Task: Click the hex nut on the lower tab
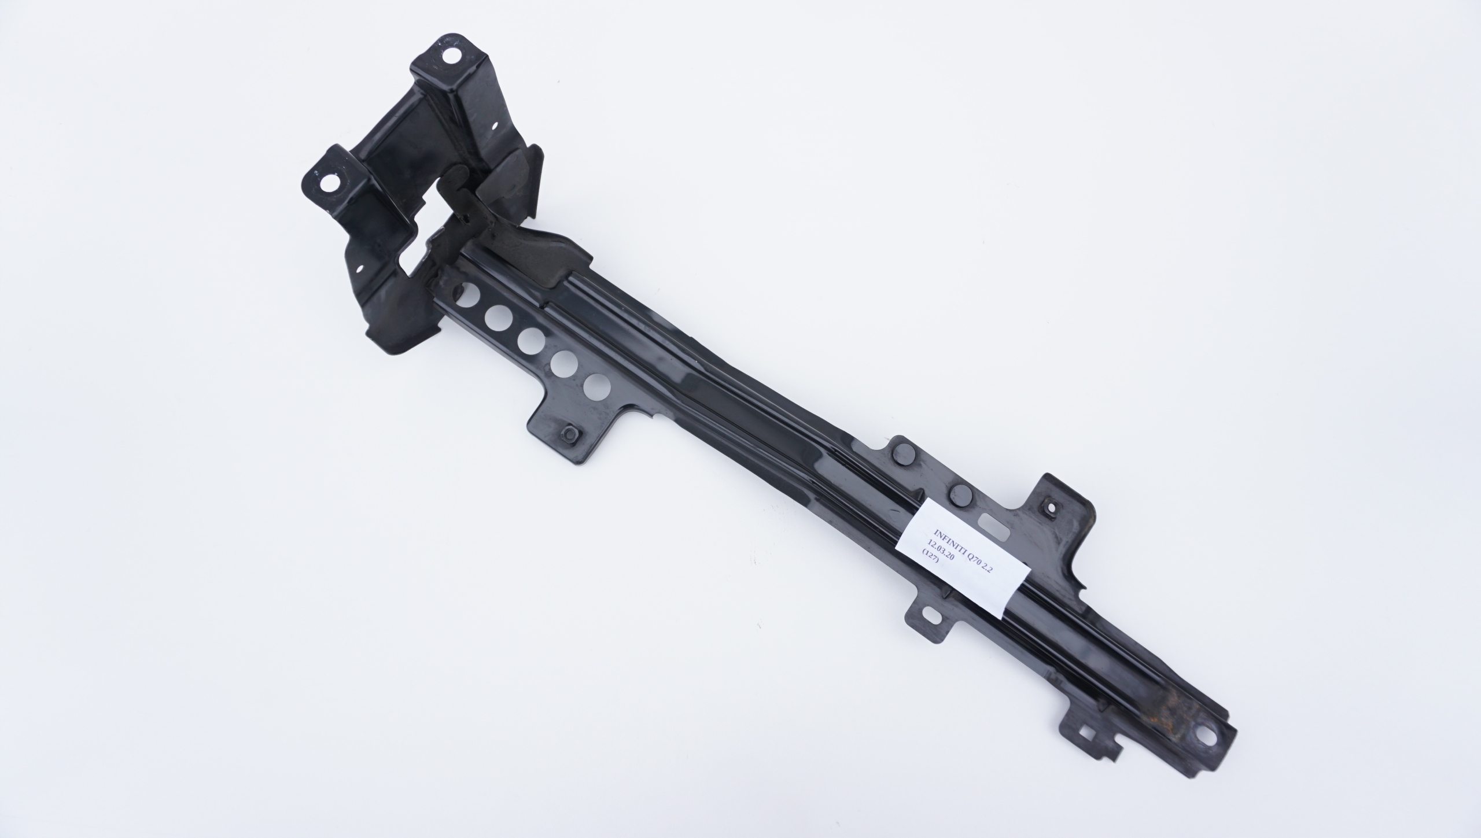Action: [x=568, y=433]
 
